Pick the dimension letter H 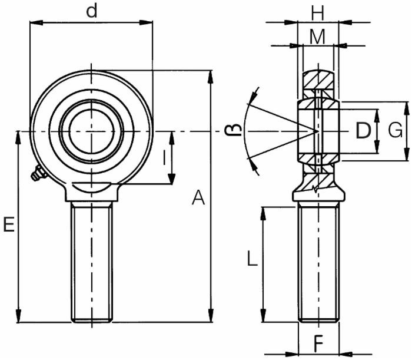(x=318, y=11)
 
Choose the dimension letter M (x=318, y=37)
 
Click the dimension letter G (x=396, y=131)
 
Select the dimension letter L (x=251, y=259)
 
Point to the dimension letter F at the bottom (x=318, y=342)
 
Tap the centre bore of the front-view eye (x=91, y=130)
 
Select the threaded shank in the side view (x=318, y=263)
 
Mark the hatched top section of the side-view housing (x=318, y=79)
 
